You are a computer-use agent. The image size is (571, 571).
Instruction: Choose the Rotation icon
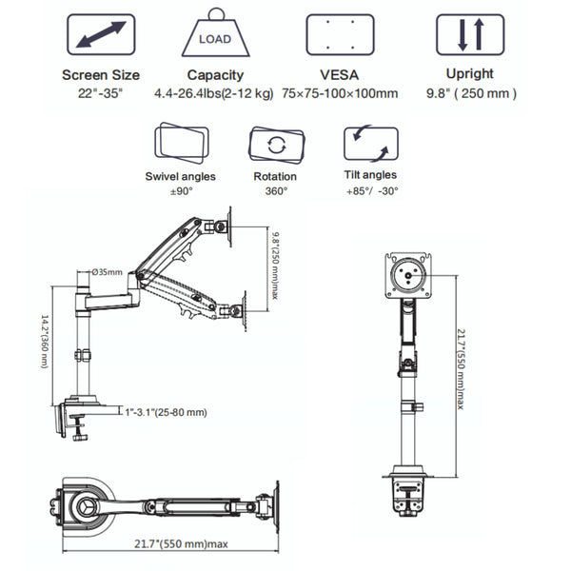pos(276,145)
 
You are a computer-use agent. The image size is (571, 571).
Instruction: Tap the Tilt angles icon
pos(370,145)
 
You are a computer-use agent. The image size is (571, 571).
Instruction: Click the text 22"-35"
pos(101,92)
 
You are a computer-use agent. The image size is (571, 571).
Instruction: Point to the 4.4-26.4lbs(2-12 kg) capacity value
pos(213,92)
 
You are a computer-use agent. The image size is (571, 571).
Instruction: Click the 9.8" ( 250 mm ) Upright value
pos(469,92)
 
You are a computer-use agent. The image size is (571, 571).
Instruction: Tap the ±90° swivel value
pos(180,190)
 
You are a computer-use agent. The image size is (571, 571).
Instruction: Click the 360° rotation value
pos(276,190)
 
